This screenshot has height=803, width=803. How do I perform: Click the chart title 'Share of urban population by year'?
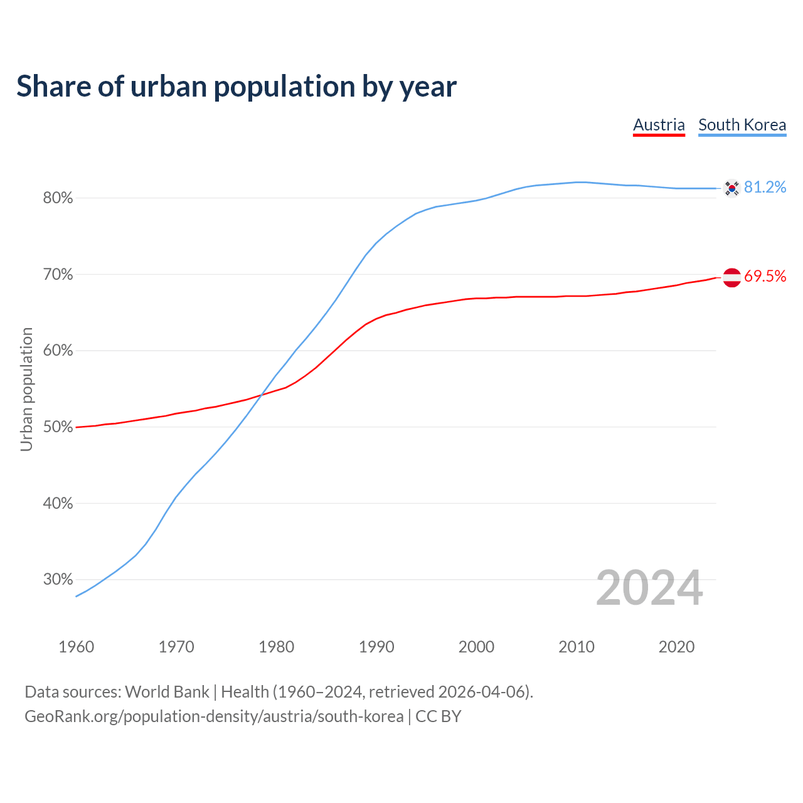pos(237,87)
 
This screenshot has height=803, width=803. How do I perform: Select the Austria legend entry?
pos(659,125)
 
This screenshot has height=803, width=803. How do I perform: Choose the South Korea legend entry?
pos(742,125)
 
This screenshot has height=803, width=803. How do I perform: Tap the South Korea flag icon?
pos(731,188)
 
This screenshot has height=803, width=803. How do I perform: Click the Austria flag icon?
pos(731,277)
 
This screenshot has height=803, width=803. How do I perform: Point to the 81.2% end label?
pos(765,188)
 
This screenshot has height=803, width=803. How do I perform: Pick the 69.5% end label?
pos(765,277)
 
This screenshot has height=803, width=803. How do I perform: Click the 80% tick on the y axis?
pos(58,198)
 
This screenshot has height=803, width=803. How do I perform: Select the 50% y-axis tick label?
pos(58,427)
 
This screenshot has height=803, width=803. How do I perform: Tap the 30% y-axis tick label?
pos(58,580)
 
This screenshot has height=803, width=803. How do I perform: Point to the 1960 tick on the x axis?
pos(76,647)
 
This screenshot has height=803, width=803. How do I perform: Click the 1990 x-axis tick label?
pos(376,647)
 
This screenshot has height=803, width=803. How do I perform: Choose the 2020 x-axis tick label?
pos(676,647)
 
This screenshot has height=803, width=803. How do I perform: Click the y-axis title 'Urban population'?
pos(26,389)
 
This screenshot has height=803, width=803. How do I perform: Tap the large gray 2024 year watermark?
pos(649,588)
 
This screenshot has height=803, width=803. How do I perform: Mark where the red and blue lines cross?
pos(260,394)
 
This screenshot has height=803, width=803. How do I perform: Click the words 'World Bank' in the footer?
pos(167,692)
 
